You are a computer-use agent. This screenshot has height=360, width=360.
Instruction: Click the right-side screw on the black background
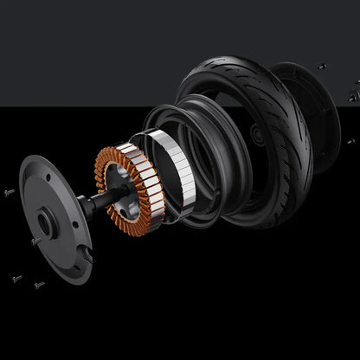[x=350, y=140]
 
